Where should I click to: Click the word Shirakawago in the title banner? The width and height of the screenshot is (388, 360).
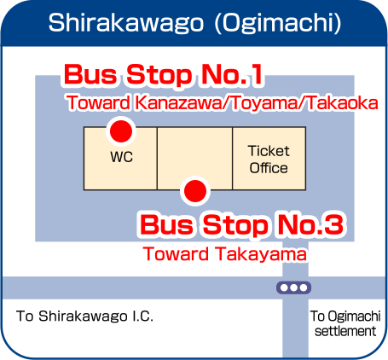pyautogui.click(x=126, y=23)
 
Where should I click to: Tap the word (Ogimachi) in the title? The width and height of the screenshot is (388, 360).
pyautogui.click(x=278, y=23)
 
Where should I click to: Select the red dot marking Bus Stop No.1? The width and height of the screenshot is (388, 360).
pyautogui.click(x=121, y=131)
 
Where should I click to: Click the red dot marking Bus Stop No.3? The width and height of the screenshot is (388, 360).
pyautogui.click(x=195, y=191)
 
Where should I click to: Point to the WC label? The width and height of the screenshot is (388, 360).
pyautogui.click(x=122, y=157)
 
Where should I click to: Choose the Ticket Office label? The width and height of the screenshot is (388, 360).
pyautogui.click(x=269, y=160)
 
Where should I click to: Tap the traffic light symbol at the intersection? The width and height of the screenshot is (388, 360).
pyautogui.click(x=293, y=287)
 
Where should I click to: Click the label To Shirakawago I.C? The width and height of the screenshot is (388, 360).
pyautogui.click(x=84, y=316)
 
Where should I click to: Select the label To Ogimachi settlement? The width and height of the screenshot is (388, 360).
pyautogui.click(x=345, y=323)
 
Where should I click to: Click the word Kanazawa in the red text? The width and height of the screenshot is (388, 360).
pyautogui.click(x=177, y=102)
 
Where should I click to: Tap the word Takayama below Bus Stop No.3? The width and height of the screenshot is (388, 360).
pyautogui.click(x=260, y=254)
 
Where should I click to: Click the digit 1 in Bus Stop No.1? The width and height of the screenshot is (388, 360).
pyautogui.click(x=256, y=74)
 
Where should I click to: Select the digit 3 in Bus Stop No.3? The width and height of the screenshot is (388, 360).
pyautogui.click(x=334, y=224)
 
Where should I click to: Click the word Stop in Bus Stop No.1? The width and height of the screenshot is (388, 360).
pyautogui.click(x=159, y=75)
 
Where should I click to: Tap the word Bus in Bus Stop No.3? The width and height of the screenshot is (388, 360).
pyautogui.click(x=166, y=224)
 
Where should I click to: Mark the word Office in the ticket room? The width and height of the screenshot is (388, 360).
pyautogui.click(x=269, y=168)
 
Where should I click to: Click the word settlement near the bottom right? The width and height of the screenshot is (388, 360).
pyautogui.click(x=345, y=331)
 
